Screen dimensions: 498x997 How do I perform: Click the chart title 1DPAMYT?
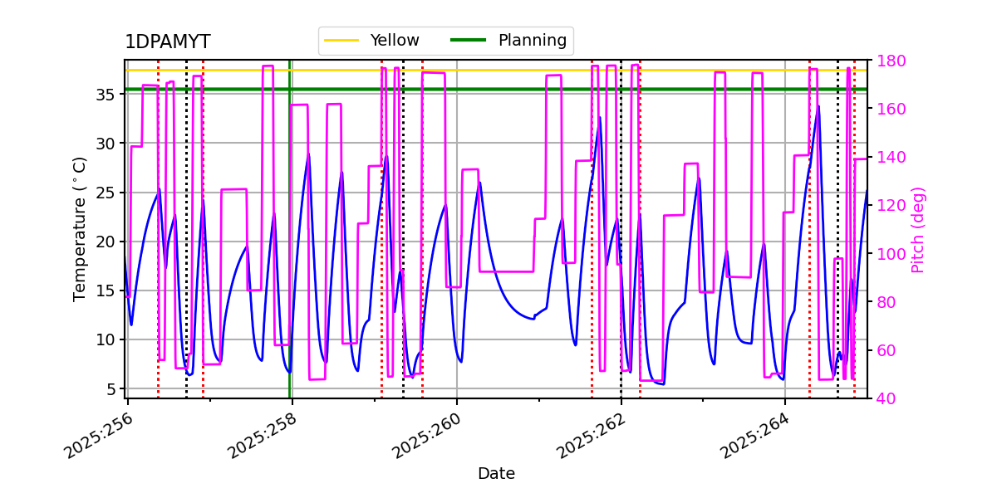point(167,42)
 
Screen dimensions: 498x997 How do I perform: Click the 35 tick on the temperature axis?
point(106,94)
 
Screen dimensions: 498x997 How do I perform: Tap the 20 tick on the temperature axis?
point(106,242)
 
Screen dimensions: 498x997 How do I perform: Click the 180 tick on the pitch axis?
point(888,61)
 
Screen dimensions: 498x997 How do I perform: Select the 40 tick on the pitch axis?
point(884,398)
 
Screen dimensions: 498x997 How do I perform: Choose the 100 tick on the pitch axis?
point(888,254)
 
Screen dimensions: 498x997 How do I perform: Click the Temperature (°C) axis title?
point(81,228)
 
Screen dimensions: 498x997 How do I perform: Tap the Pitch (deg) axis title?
point(918,229)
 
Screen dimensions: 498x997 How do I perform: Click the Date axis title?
point(496,474)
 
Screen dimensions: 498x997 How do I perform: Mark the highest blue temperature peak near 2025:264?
point(818,106)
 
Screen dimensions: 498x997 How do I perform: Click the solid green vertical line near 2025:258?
point(290,249)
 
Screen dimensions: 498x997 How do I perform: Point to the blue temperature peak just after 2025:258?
point(309,154)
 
